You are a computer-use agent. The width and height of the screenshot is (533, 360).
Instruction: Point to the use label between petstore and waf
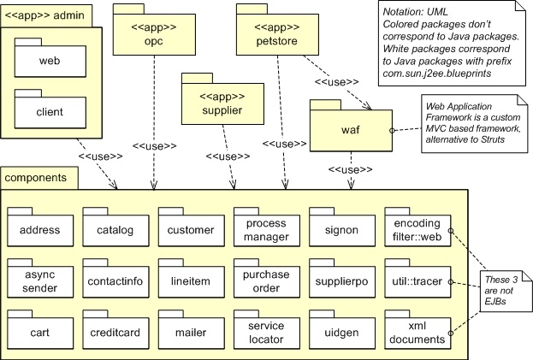pos(336,82)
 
